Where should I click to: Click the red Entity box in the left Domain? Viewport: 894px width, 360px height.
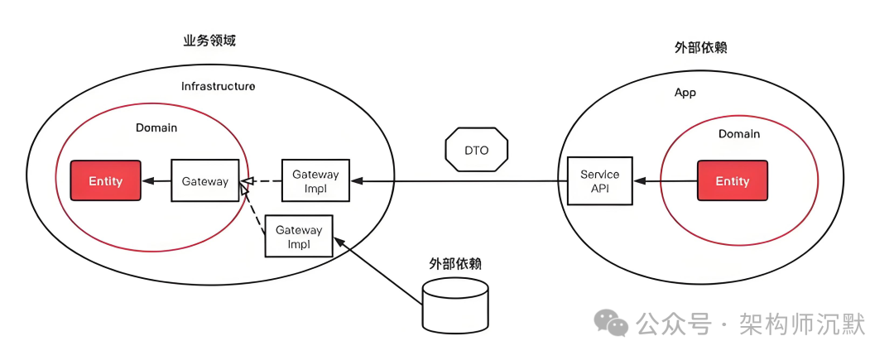point(105,180)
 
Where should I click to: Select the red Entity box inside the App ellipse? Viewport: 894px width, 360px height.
point(732,180)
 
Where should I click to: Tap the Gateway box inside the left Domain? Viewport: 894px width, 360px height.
point(204,180)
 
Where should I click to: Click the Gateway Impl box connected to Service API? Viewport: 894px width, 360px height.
point(315,180)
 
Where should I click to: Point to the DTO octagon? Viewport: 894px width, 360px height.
point(476,151)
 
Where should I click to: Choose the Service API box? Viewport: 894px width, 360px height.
point(599,180)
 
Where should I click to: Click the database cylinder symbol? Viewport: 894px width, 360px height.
point(454,304)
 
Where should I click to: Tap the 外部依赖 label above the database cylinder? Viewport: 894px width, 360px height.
point(454,264)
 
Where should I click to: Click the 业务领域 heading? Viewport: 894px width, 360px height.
point(209,41)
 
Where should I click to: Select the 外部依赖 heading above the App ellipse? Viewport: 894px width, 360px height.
point(700,47)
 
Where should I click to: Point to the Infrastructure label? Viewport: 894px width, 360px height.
point(219,86)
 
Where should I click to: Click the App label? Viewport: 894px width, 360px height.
point(685,93)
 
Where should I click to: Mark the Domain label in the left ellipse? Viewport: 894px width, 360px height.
point(156,128)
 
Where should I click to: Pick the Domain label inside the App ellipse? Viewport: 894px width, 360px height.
point(738,133)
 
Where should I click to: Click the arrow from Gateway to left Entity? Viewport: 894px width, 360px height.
point(156,180)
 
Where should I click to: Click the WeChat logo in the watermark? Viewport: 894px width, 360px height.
point(613,323)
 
